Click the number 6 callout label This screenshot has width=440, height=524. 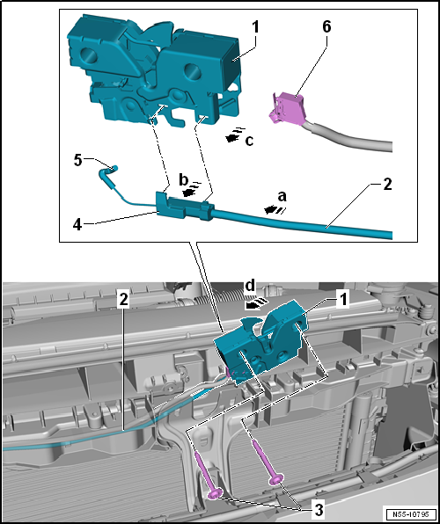click(x=326, y=27)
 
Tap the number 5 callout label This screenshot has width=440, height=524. click(x=77, y=160)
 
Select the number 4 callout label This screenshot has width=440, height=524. click(x=77, y=223)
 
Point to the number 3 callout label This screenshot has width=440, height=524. click(x=318, y=510)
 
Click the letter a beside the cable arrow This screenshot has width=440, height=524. click(x=282, y=197)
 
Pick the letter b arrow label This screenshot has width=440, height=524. click(x=183, y=179)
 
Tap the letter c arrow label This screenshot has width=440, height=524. click(x=249, y=141)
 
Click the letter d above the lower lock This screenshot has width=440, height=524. click(x=250, y=286)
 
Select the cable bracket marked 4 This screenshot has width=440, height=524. click(x=184, y=207)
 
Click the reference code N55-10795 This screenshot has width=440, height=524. click(x=412, y=513)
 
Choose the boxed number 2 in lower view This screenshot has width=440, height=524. click(x=124, y=301)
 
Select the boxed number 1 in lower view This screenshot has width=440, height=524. click(x=342, y=300)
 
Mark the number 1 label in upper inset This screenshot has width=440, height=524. click(x=255, y=27)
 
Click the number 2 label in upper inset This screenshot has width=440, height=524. click(x=387, y=185)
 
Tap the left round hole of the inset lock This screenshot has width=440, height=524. click(x=90, y=55)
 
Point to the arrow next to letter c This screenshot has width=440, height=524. click(x=235, y=135)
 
